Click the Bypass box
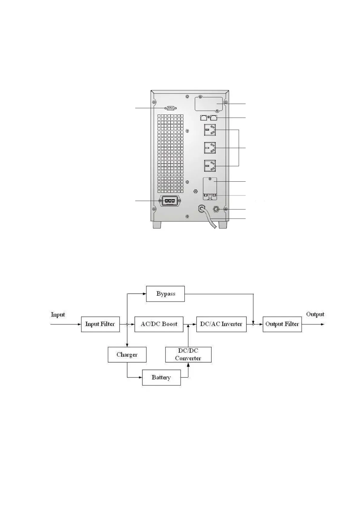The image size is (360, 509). [x=165, y=293]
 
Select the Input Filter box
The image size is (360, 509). [x=100, y=324]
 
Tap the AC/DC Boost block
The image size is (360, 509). [x=159, y=324]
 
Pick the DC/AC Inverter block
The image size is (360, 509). [x=221, y=324]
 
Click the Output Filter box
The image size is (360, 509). [x=282, y=324]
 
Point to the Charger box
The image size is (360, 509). [x=127, y=355]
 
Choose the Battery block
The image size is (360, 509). [x=161, y=377]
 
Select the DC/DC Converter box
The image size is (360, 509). [x=188, y=355]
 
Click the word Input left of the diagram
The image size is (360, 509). [x=58, y=315]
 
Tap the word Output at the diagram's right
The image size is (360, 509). [x=315, y=314]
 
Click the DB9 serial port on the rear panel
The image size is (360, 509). [x=170, y=108]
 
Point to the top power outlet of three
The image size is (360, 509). [x=210, y=130]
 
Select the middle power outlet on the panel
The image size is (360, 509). [x=210, y=148]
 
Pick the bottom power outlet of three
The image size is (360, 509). [x=210, y=166]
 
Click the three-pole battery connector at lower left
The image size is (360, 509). [x=169, y=201]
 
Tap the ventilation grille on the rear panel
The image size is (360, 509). [x=170, y=153]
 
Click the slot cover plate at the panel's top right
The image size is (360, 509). [x=209, y=104]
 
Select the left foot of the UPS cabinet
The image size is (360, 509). [x=157, y=225]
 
